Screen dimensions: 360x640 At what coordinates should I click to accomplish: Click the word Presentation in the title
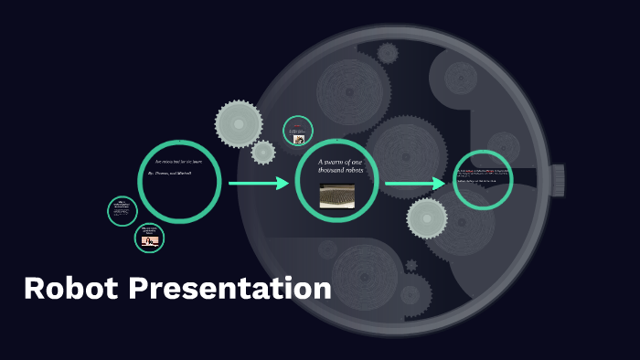[x=229, y=289]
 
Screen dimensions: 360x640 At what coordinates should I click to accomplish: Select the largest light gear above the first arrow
[x=239, y=123]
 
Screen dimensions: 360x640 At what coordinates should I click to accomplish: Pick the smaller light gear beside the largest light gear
[x=263, y=152]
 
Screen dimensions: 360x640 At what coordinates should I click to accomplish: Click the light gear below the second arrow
[x=427, y=218]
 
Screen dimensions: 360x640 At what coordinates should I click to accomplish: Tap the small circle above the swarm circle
[x=298, y=132]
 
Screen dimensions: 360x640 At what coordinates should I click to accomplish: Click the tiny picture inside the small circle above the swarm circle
[x=298, y=140]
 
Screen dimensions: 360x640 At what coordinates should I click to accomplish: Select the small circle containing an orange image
[x=149, y=238]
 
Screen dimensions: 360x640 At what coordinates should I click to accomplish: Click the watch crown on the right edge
[x=558, y=179]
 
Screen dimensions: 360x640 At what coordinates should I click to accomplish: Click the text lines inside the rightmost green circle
[x=483, y=175]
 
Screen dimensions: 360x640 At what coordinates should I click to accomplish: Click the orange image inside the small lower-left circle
[x=150, y=241]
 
